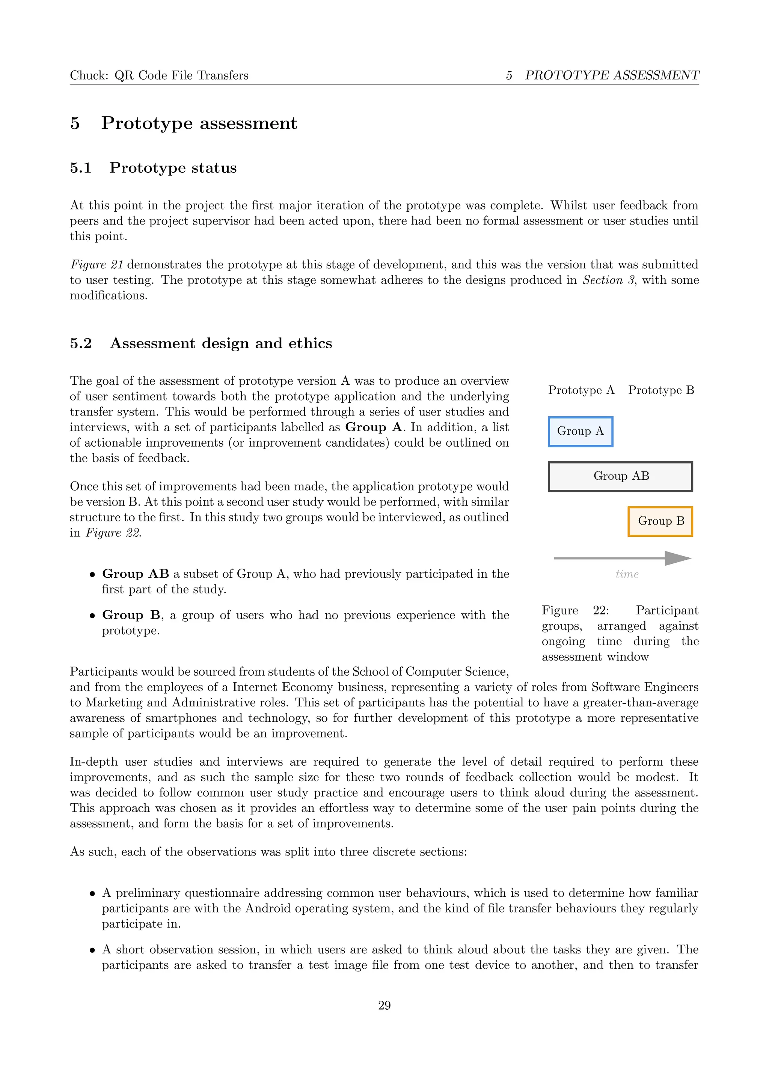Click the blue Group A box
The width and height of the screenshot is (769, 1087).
click(x=580, y=431)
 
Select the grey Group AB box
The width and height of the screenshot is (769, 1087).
click(x=620, y=476)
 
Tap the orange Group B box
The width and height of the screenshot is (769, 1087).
click(x=660, y=521)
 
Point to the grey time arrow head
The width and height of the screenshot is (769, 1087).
click(x=678, y=558)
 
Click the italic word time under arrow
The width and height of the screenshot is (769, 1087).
click(x=627, y=574)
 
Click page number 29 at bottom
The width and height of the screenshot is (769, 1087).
click(x=384, y=1006)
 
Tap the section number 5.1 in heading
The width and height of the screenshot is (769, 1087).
click(x=81, y=168)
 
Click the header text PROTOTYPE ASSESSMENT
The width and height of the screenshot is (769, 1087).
click(x=612, y=75)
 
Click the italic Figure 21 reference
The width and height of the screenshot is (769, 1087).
click(x=97, y=265)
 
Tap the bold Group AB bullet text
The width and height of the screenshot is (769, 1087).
click(x=136, y=574)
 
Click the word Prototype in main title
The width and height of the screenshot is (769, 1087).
click(x=147, y=123)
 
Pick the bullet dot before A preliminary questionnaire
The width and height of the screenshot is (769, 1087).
click(x=92, y=894)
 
